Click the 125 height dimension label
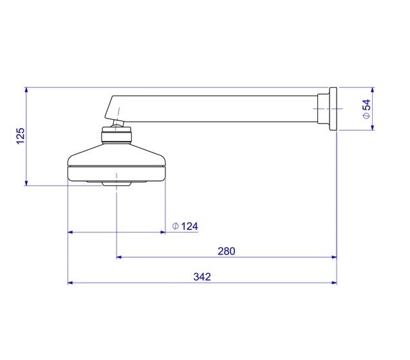pyautogui.click(x=21, y=136)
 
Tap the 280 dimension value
pyautogui.click(x=227, y=251)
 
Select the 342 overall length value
pyautogui.click(x=202, y=276)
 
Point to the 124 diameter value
pyautogui.click(x=189, y=226)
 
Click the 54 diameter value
pyautogui.click(x=367, y=105)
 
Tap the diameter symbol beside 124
pyautogui.click(x=176, y=226)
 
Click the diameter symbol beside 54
pyautogui.click(x=367, y=115)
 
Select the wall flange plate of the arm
pyautogui.click(x=333, y=109)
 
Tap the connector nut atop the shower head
pyautogui.click(x=116, y=135)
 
